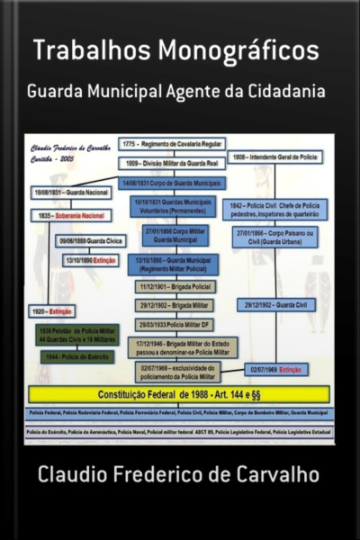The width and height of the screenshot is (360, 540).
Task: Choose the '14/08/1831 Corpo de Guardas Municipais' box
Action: [173, 182]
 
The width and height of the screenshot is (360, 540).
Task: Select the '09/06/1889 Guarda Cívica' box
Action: [86, 241]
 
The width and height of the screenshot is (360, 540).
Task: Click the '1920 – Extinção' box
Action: [52, 310]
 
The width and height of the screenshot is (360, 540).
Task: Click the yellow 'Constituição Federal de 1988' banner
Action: [179, 393]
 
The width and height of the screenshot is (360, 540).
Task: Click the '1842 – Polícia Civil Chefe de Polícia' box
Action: [275, 210]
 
